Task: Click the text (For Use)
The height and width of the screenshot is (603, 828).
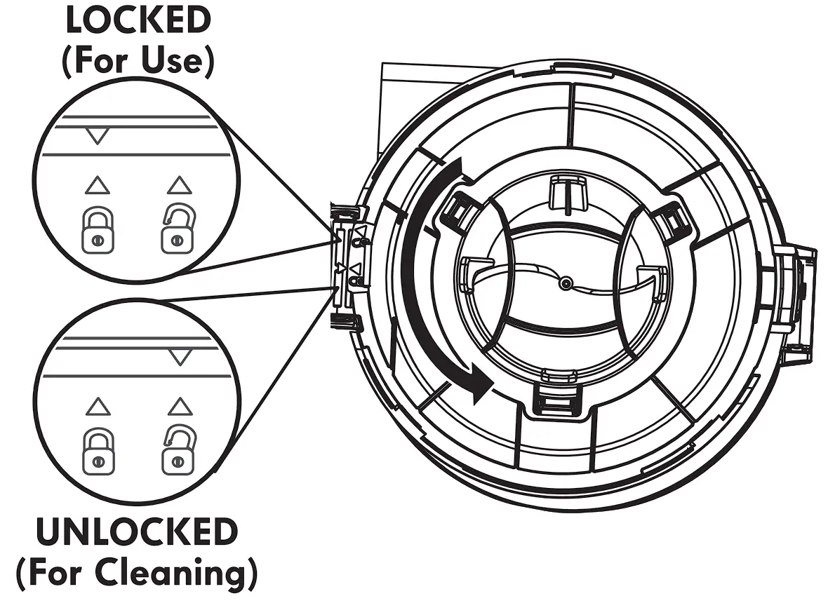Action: click(x=138, y=62)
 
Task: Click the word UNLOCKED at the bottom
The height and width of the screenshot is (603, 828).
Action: click(x=138, y=533)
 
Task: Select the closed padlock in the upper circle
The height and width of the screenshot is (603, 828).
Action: click(x=98, y=232)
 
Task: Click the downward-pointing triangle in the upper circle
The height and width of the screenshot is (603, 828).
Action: click(x=98, y=135)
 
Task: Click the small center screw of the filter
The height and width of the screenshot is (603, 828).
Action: click(x=566, y=283)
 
